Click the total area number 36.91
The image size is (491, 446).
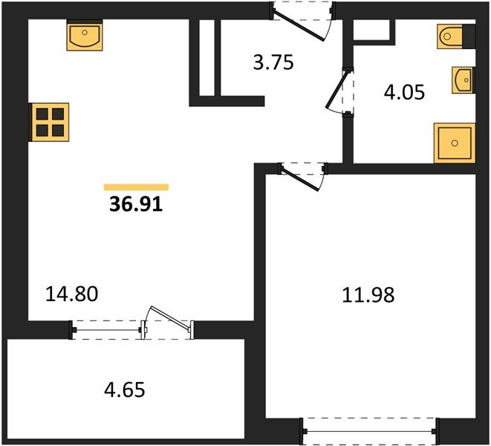[136, 204]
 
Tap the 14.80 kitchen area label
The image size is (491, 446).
[72, 294]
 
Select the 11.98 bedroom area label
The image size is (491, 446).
[368, 295]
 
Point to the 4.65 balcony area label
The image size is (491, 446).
[125, 390]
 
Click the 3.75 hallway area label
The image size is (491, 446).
[273, 62]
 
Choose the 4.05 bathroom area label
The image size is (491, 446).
[404, 92]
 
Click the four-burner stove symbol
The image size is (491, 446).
[50, 122]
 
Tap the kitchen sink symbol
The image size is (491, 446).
[85, 36]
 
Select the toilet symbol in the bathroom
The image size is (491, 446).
[450, 36]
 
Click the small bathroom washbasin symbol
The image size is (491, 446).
[463, 80]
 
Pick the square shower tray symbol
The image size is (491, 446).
[455, 143]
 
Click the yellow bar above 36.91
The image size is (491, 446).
[136, 187]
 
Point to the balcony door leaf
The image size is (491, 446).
[169, 317]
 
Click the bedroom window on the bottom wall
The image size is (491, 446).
[369, 432]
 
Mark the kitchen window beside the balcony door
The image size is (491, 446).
[106, 330]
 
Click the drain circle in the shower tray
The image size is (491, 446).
[455, 143]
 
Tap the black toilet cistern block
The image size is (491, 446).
[469, 36]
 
